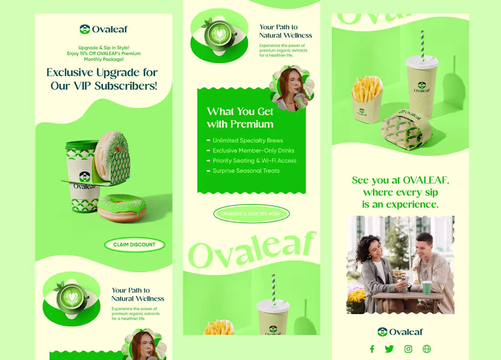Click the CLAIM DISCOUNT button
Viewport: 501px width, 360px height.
coord(134,245)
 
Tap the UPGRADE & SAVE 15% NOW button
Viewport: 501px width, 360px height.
coord(251,214)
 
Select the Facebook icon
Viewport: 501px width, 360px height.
coord(372,349)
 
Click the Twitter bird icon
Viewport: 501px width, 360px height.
coord(389,349)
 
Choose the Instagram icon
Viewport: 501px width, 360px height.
coord(409,349)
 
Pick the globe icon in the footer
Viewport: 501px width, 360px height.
coord(427,349)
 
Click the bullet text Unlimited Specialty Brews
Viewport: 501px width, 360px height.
coord(248,141)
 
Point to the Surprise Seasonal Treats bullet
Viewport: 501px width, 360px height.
coord(246,171)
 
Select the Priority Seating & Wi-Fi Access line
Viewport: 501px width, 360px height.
coord(254,161)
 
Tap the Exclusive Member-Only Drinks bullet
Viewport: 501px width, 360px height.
coord(253,151)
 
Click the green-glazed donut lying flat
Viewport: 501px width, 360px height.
coord(122,208)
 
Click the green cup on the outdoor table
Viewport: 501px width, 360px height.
coord(427,288)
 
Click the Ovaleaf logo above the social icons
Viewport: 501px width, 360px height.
coord(400,332)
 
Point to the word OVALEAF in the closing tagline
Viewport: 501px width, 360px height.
coord(426,180)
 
